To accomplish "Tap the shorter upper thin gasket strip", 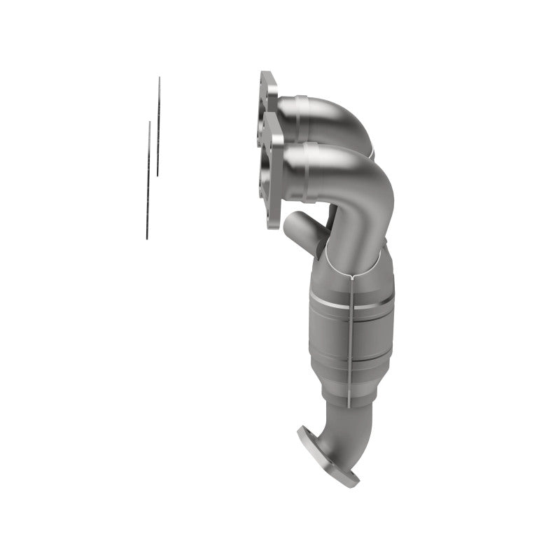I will [158, 126].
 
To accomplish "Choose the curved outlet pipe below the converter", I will [329, 427].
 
